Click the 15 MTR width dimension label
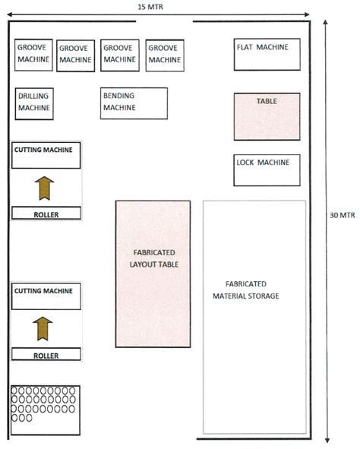150,6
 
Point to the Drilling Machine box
34,103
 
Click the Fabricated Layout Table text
153,258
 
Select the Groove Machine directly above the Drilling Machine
33,54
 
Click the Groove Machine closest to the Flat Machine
164,55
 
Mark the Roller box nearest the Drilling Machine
46,214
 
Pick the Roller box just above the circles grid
46,354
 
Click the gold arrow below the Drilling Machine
46,186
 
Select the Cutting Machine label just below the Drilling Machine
43,150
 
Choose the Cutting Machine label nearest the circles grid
43,290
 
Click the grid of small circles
46,403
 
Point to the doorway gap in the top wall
164,21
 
